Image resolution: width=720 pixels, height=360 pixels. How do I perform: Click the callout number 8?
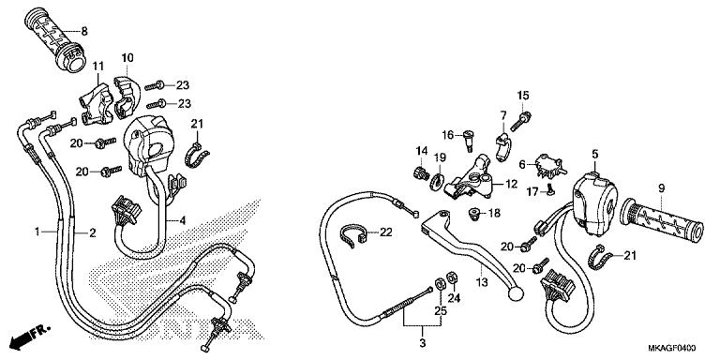pyautogui.click(x=83, y=31)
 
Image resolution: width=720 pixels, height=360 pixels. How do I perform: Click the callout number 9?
pyautogui.click(x=660, y=188)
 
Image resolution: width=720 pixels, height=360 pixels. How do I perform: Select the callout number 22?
pyautogui.click(x=386, y=232)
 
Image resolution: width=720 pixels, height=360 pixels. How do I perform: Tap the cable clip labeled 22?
pyautogui.click(x=352, y=234)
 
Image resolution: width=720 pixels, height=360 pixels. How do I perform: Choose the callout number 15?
pyautogui.click(x=523, y=95)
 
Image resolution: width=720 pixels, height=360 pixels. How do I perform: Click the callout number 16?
pyautogui.click(x=448, y=135)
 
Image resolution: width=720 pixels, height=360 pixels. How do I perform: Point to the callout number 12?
pyautogui.click(x=511, y=185)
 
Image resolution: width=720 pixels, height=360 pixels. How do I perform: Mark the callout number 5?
pyautogui.click(x=594, y=153)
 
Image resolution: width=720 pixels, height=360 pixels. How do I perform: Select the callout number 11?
pyautogui.click(x=96, y=65)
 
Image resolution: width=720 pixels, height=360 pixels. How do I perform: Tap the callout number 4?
pyautogui.click(x=184, y=220)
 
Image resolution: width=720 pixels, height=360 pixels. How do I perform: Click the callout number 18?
pyautogui.click(x=495, y=214)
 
